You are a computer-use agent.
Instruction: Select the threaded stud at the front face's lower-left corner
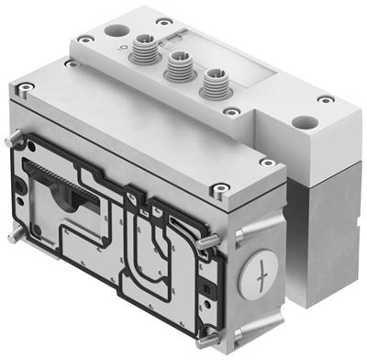tap(11, 236)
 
